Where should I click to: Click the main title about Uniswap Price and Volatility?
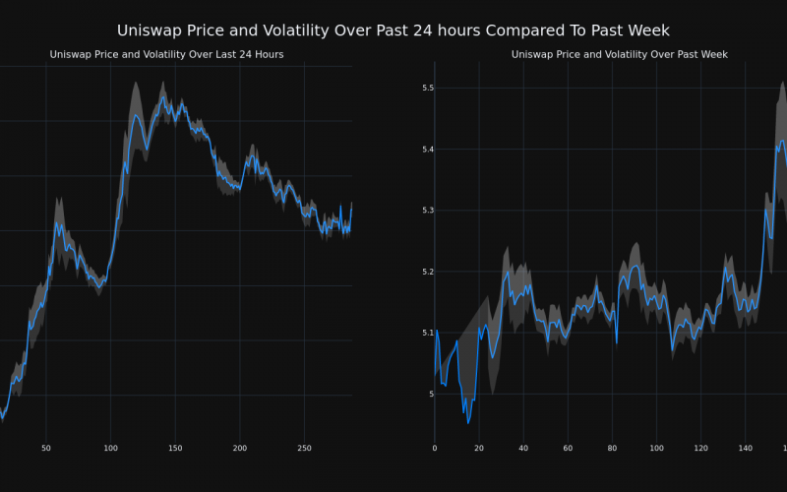pyautogui.click(x=393, y=31)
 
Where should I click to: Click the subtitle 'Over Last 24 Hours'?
pyautogui.click(x=166, y=54)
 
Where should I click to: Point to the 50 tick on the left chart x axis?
pyautogui.click(x=45, y=448)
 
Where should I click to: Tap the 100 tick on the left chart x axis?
pyautogui.click(x=110, y=448)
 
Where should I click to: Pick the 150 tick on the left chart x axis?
pyautogui.click(x=175, y=448)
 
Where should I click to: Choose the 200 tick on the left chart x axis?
pyautogui.click(x=240, y=448)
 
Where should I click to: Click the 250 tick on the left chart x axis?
pyautogui.click(x=304, y=448)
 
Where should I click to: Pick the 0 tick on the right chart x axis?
pyautogui.click(x=435, y=448)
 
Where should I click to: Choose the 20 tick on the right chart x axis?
pyautogui.click(x=479, y=448)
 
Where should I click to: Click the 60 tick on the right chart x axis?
pyautogui.click(x=568, y=448)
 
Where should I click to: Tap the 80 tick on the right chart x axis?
pyautogui.click(x=612, y=448)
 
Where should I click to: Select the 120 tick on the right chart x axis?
pyautogui.click(x=700, y=448)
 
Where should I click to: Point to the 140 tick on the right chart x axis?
pyautogui.click(x=745, y=448)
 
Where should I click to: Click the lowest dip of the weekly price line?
pyautogui.click(x=468, y=423)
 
